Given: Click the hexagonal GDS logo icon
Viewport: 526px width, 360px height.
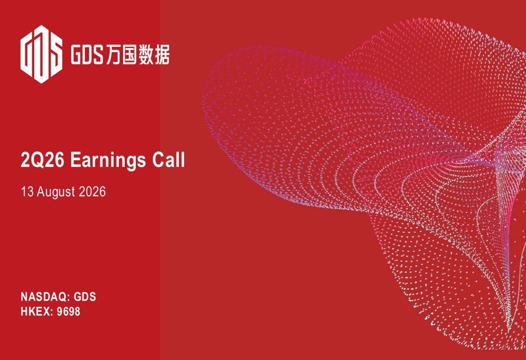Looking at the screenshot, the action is (41, 54).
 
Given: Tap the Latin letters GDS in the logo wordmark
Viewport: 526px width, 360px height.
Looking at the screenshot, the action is (87, 55).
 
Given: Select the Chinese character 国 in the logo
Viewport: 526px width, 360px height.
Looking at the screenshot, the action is (129, 55).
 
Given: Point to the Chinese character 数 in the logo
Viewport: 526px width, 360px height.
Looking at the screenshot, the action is (146, 55).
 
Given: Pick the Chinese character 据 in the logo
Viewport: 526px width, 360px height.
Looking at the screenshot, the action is (161, 55).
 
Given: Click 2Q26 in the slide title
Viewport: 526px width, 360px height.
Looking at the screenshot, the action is (42, 160).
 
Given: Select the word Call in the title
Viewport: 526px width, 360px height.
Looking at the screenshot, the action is (168, 160).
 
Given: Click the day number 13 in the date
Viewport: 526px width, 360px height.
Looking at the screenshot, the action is (27, 192).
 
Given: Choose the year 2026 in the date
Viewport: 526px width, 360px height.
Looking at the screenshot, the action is (92, 192).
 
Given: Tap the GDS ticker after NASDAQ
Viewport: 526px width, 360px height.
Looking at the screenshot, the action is (85, 297).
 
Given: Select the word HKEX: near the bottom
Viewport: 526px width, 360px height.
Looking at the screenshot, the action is (37, 312).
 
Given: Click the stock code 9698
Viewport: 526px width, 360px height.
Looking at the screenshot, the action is (68, 312).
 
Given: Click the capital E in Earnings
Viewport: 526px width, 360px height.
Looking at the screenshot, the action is (75, 160).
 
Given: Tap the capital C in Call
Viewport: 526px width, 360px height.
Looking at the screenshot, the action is (159, 160).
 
